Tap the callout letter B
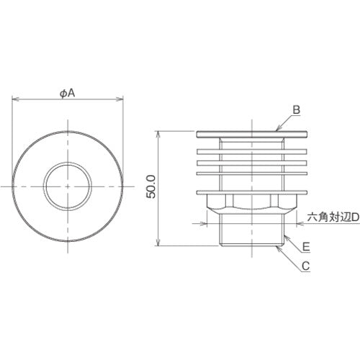(x=295, y=110)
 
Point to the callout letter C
(x=306, y=266)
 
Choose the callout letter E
(x=306, y=246)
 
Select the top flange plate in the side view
(x=253, y=133)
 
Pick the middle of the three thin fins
(x=253, y=162)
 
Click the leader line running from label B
(x=284, y=122)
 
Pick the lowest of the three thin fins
(x=253, y=173)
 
